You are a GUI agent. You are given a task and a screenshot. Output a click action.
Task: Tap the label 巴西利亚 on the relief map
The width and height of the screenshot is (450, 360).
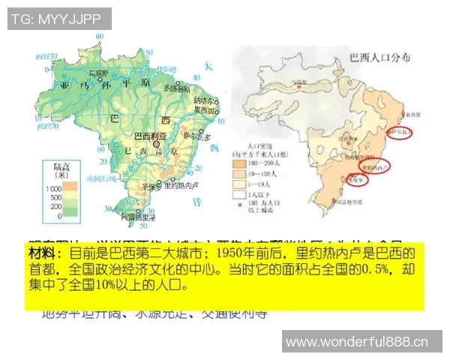151,136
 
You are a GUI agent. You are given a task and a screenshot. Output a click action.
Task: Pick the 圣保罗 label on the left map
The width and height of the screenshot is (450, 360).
154,187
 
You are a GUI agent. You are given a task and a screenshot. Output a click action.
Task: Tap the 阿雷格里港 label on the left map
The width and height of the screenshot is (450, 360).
139,218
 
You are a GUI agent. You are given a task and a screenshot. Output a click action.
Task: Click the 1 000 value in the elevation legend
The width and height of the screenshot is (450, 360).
52,187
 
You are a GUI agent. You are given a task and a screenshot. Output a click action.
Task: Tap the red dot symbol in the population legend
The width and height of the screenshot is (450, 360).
240,202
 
